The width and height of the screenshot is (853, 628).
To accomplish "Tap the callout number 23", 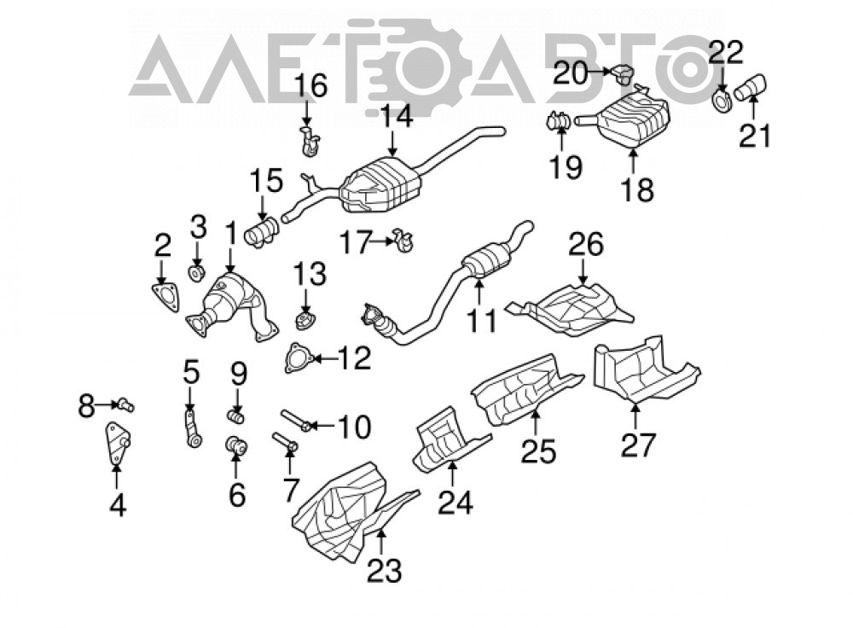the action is coord(384,570).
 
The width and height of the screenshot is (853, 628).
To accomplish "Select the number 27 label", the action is coord(638,445).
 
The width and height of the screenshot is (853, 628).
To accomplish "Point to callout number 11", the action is coord(482,320).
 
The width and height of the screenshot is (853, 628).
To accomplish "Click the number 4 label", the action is coord(118,505).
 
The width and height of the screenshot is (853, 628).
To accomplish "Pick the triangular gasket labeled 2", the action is coord(165,297).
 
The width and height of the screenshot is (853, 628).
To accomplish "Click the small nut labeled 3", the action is coord(196,273).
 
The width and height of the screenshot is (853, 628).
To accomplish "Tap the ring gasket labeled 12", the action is coord(298,358).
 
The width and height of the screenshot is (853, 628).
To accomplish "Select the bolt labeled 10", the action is coord(296,420).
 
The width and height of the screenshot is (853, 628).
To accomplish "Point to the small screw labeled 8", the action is coord(125,404).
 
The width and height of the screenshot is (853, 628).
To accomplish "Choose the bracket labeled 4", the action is coord(117,445).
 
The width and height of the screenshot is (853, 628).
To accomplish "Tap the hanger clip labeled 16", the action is coord(310,141).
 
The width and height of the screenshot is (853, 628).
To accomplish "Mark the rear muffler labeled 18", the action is coord(623,119).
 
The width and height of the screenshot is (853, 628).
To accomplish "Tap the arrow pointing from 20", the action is coord(600,71).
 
